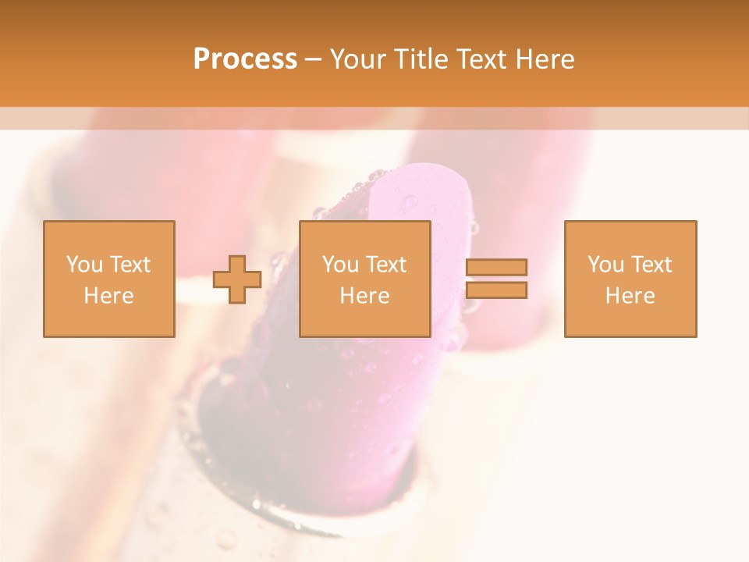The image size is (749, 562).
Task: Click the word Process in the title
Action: (245, 59)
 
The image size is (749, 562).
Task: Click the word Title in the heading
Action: (421, 59)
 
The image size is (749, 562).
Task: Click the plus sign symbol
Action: (237, 279)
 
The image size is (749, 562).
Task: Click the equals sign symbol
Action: (496, 279)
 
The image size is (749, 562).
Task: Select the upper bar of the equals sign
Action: (496, 268)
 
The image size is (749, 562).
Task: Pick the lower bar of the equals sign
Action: (496, 290)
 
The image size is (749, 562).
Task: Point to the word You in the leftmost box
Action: (83, 265)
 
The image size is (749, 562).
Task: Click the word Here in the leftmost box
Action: (108, 296)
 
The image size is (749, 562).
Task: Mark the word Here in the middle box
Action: (364, 296)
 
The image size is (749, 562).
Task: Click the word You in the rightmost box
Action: (605, 265)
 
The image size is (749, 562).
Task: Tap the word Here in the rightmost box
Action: (630, 296)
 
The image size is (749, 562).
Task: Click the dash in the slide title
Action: (313, 59)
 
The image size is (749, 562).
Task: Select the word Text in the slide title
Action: (482, 59)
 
